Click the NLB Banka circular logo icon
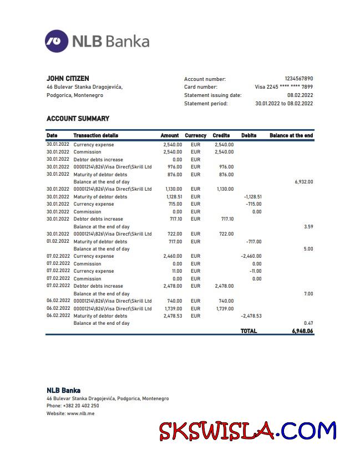[x=57, y=41]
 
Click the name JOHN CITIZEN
[x=68, y=79]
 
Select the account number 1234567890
[x=298, y=79]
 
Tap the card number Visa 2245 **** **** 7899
[x=283, y=87]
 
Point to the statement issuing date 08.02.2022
[x=300, y=95]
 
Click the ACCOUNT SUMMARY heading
[x=78, y=119]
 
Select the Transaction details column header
[x=95, y=135]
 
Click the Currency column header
[x=195, y=135]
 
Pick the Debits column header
[x=249, y=135]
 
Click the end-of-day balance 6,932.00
[x=303, y=182]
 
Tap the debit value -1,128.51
[x=252, y=197]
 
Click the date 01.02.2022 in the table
[x=58, y=242]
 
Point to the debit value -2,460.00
[x=251, y=257]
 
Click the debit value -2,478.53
[x=251, y=316]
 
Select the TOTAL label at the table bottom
[x=249, y=331]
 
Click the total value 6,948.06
[x=302, y=331]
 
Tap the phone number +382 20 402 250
[x=81, y=406]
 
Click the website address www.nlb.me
[x=80, y=413]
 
